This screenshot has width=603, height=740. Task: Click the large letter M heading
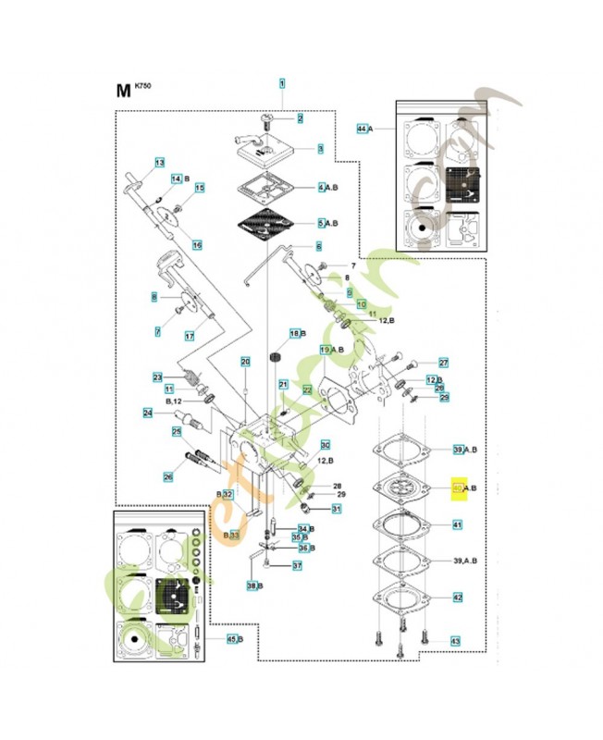[122, 91]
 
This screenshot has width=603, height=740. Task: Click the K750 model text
[142, 86]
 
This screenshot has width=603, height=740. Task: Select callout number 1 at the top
[282, 83]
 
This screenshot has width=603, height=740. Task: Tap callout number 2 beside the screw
[300, 118]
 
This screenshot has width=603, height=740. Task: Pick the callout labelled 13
[159, 163]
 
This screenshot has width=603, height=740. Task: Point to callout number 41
[457, 524]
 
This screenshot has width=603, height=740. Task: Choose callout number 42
[457, 598]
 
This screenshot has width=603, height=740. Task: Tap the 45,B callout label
[234, 638]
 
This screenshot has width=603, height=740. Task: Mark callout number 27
[443, 363]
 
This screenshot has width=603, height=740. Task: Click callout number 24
[147, 413]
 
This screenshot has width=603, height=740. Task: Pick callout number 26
[167, 477]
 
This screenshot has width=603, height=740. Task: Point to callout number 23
[157, 376]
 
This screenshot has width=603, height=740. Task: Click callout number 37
[297, 565]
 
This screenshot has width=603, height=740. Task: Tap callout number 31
[337, 509]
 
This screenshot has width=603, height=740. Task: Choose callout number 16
[196, 244]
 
